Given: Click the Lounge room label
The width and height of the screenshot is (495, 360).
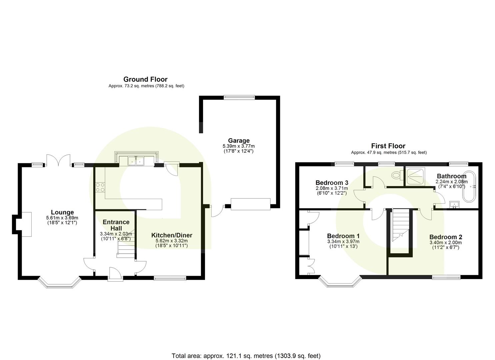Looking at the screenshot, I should point(62,212).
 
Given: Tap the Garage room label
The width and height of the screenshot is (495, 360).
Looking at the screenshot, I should point(239,141).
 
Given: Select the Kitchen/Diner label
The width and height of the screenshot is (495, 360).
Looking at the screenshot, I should point(172,235).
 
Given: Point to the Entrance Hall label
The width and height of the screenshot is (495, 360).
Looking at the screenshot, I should point(116,225).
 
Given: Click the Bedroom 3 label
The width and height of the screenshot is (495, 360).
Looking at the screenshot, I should point(332,183).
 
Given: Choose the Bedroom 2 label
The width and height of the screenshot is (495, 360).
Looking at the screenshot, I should point(446,237).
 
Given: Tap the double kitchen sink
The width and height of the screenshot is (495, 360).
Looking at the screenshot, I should point(136,161).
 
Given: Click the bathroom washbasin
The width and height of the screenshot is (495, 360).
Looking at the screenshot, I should point(454,204).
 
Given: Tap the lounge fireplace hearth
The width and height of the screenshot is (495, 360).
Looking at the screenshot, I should point(26,224).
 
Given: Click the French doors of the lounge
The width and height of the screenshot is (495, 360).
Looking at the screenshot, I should point(58,160).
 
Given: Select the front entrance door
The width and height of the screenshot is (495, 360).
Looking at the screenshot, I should point(115,274).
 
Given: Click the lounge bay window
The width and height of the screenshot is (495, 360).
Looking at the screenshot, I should point(60,282).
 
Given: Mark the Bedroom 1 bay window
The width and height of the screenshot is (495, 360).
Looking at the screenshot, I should point(340,282).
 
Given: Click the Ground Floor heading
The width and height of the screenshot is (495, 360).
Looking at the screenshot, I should point(145,79).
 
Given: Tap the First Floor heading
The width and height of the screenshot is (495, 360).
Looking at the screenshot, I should point(388,146).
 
